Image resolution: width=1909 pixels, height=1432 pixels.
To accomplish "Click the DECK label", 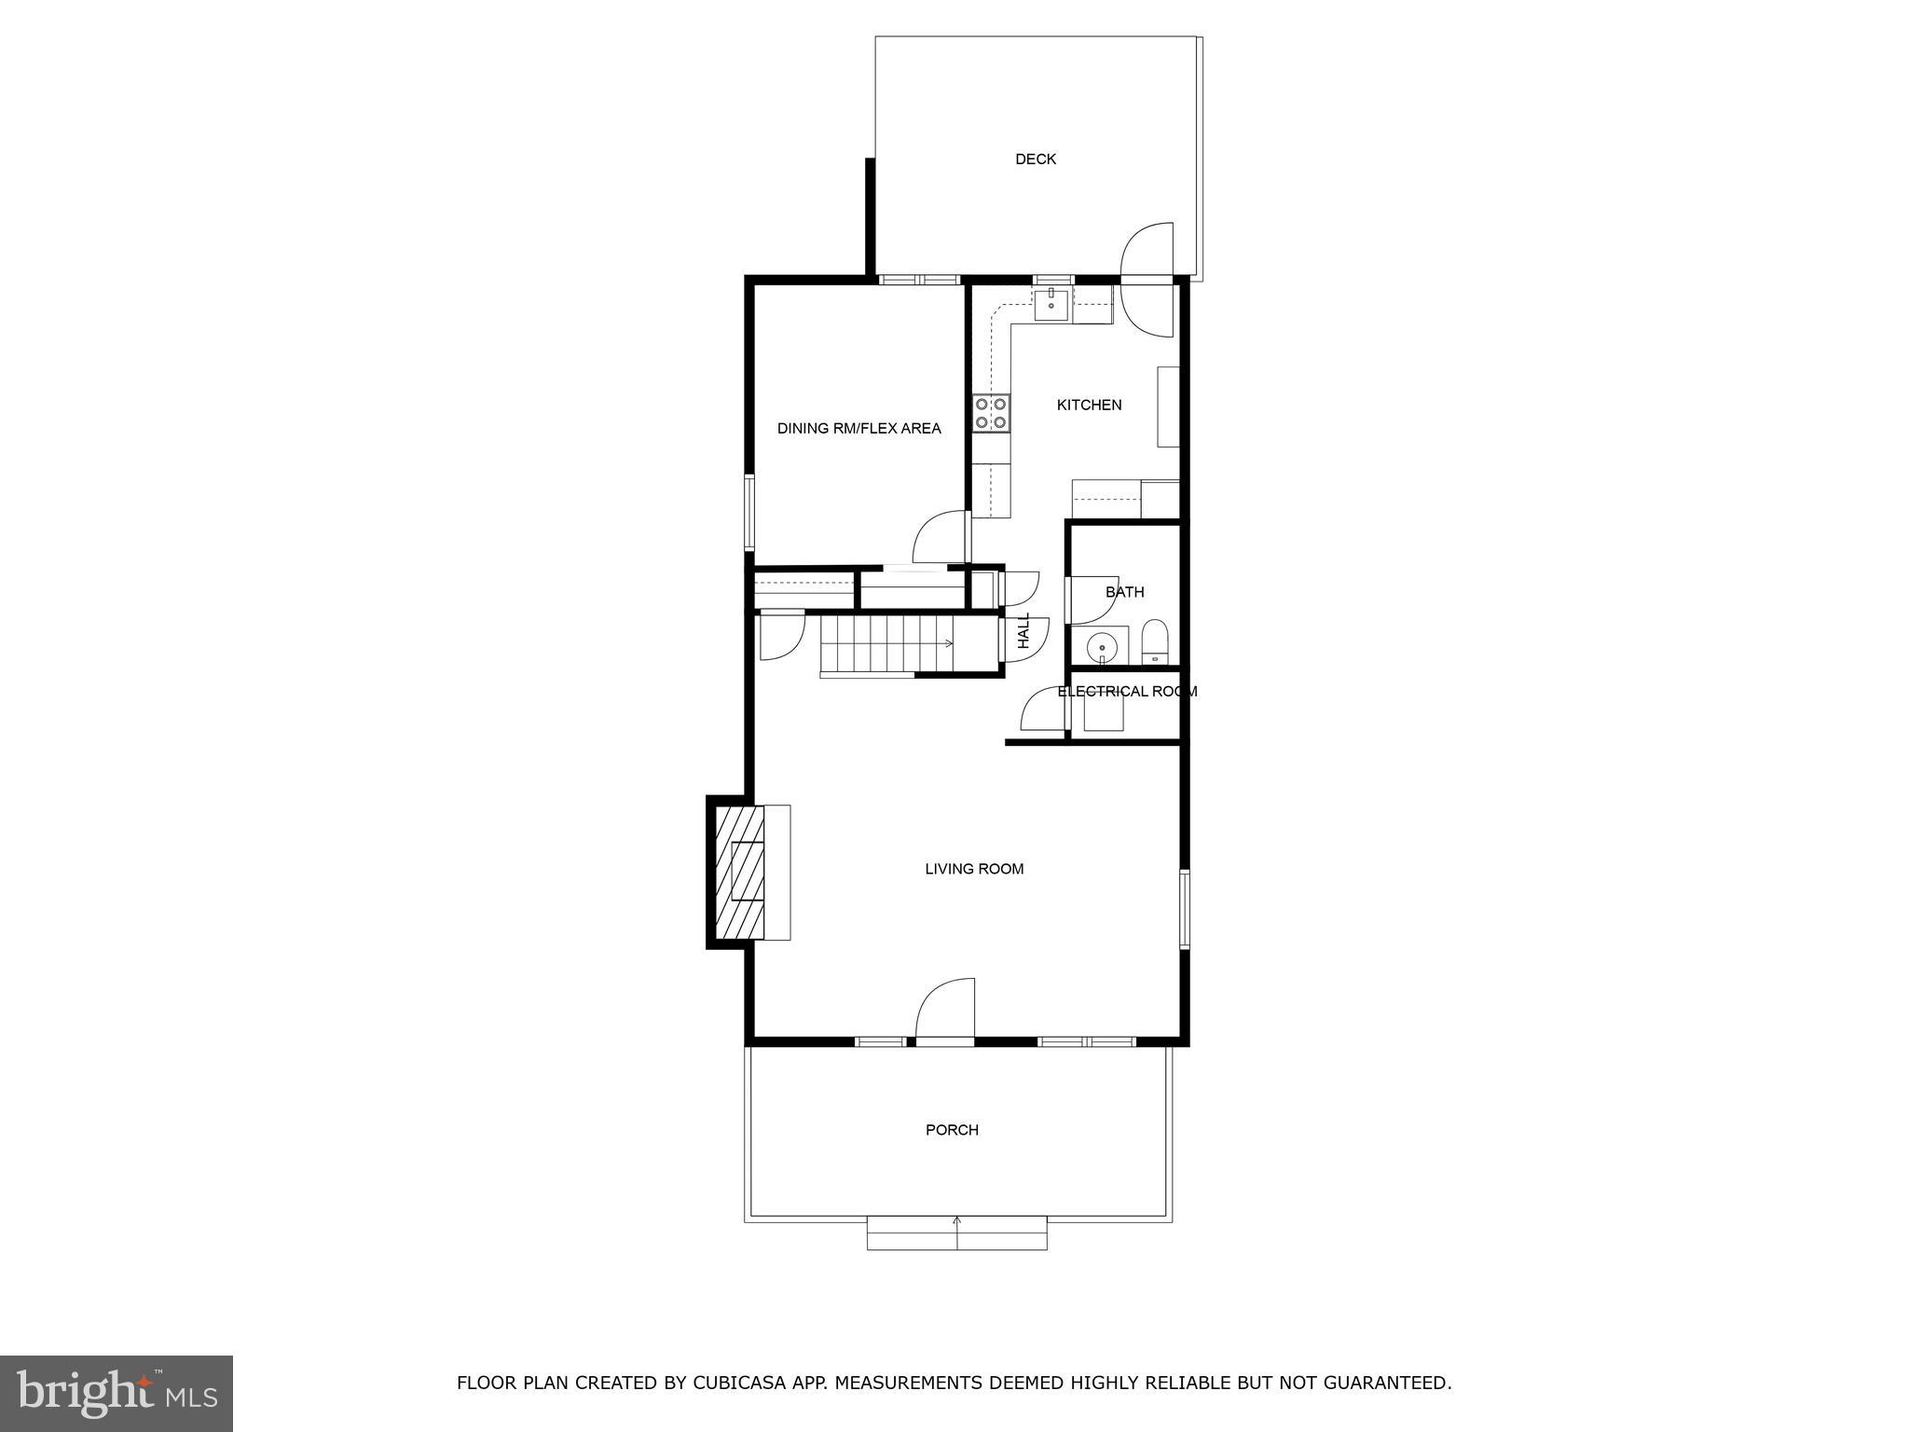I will point(1035,159).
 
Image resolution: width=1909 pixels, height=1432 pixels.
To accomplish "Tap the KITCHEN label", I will point(1089,405).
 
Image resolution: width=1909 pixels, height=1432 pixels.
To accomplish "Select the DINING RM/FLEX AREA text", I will point(858,429).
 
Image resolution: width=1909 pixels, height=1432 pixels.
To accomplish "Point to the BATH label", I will point(1124,592).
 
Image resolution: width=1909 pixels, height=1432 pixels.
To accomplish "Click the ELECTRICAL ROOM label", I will point(1127,692).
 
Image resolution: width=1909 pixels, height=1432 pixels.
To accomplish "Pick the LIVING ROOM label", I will point(974,869).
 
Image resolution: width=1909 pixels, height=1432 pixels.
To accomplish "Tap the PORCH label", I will point(952,1130).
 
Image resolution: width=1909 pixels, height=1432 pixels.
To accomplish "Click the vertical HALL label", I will point(1023,631).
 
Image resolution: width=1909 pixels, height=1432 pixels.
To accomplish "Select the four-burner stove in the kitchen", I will point(991,413).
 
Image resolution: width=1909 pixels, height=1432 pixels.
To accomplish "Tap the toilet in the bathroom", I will point(1154,640).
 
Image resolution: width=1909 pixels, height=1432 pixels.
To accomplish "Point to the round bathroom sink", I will point(1102,644).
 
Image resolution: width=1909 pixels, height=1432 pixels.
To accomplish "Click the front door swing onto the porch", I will point(945,1010).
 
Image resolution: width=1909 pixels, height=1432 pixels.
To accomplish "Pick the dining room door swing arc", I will point(940,538).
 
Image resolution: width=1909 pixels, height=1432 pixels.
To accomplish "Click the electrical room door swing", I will point(1042,710).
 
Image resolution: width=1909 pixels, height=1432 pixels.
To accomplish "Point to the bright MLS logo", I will point(117,1393).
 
